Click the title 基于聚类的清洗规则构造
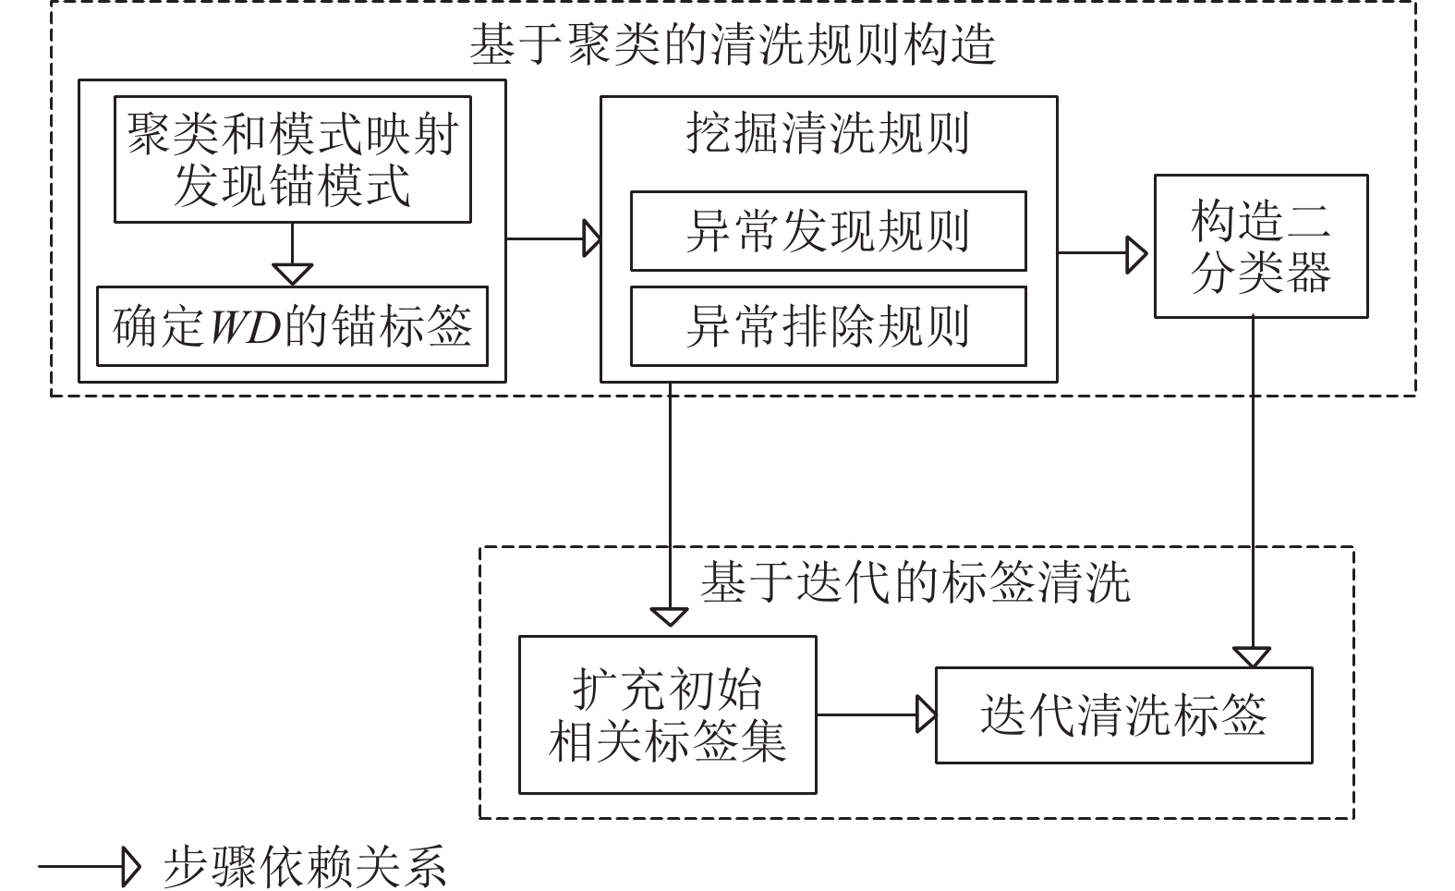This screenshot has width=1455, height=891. [733, 44]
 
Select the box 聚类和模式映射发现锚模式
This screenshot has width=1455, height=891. [292, 159]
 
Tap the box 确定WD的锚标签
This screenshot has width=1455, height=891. [292, 326]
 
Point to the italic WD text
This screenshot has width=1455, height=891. [245, 327]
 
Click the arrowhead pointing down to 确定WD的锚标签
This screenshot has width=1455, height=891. [292, 274]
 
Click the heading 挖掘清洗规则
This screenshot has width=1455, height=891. [828, 133]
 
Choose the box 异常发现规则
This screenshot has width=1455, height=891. [828, 231]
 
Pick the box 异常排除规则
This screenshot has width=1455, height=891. [828, 326]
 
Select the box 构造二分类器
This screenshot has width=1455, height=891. [1260, 247]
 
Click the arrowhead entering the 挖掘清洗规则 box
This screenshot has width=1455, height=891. [591, 238]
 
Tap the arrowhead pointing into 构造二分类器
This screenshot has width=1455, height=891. [1136, 253]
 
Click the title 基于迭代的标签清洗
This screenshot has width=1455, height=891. [915, 582]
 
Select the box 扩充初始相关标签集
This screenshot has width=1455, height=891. [667, 714]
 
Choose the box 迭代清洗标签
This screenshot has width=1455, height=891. [1123, 715]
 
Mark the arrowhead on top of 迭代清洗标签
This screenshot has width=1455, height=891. [1253, 657]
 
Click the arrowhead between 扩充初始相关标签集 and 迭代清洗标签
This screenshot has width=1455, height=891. [926, 714]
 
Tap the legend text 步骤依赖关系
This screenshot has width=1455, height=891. [305, 867]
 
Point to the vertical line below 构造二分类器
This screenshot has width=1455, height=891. [1253, 481]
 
